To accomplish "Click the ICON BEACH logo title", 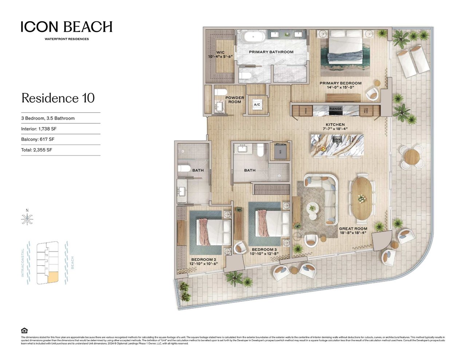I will tap(66, 27).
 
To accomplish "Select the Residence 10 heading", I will tap(58, 98).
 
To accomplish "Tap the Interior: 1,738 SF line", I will tap(39, 129).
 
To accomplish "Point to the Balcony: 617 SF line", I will tap(38, 139).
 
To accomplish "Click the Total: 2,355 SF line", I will tap(36, 150).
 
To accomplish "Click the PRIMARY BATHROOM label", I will tap(271, 52).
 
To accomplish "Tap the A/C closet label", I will tap(257, 105).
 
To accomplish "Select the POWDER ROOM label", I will tap(234, 100).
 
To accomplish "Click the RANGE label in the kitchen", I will tap(335, 109).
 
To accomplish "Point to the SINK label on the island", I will tap(337, 140).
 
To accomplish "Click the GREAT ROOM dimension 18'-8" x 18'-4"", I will tap(353, 233).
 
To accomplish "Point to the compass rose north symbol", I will tap(27, 219).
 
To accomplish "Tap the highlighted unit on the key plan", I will tap(53, 277).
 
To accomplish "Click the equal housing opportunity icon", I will tap(24, 331).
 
